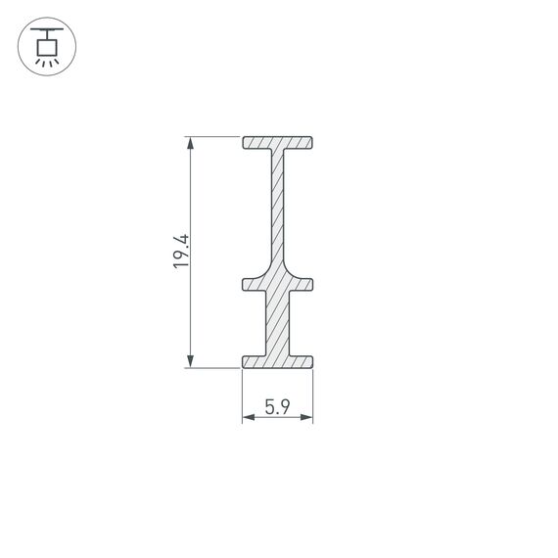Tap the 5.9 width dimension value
pos(277,409)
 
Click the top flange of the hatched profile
pos(278,143)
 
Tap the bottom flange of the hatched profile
pos(278,361)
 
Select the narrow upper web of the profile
pos(280,206)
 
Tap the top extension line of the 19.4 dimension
pos(215,137)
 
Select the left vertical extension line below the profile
pos(243,396)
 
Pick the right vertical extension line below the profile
pos(313,396)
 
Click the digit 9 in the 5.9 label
pos(284,409)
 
